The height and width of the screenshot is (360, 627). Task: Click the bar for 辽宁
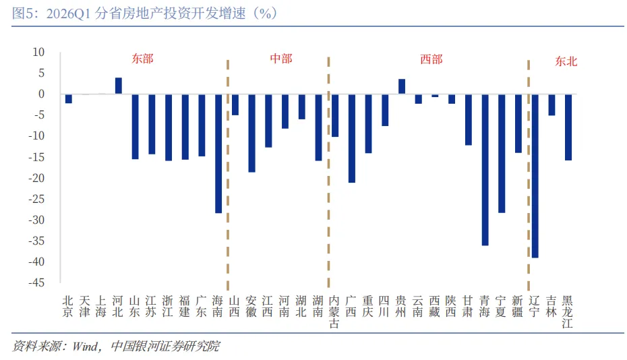[535, 176]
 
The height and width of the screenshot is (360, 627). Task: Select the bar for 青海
[485, 170]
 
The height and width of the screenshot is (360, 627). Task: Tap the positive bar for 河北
[119, 86]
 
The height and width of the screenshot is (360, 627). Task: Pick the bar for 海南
[218, 154]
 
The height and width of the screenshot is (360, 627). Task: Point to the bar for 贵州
[402, 86]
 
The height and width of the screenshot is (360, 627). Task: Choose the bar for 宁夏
[502, 154]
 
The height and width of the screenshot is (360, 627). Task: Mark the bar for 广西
[352, 138]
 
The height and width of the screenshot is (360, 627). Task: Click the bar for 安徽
[252, 133]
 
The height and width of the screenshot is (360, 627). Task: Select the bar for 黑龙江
[568, 127]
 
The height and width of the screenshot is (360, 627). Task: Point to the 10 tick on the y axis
[38, 52]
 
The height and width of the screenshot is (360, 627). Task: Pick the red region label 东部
[143, 59]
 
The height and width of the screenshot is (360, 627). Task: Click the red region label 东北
[566, 61]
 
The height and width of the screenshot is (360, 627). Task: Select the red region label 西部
[431, 59]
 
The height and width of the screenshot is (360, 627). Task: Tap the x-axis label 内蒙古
[334, 312]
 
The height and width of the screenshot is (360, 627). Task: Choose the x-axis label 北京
[68, 306]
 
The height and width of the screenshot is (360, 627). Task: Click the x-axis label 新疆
[517, 306]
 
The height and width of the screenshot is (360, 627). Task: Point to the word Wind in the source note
[85, 346]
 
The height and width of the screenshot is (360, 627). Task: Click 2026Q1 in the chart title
[68, 13]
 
